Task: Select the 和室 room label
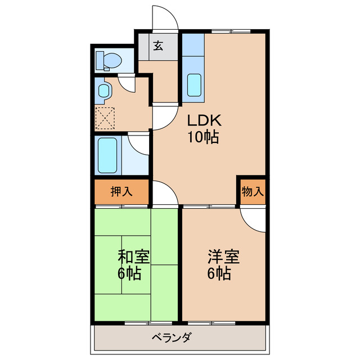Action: (133, 257)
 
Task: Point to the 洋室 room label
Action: (223, 257)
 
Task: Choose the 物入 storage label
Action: (252, 192)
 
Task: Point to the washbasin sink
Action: (104, 91)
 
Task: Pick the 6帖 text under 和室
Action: (129, 275)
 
